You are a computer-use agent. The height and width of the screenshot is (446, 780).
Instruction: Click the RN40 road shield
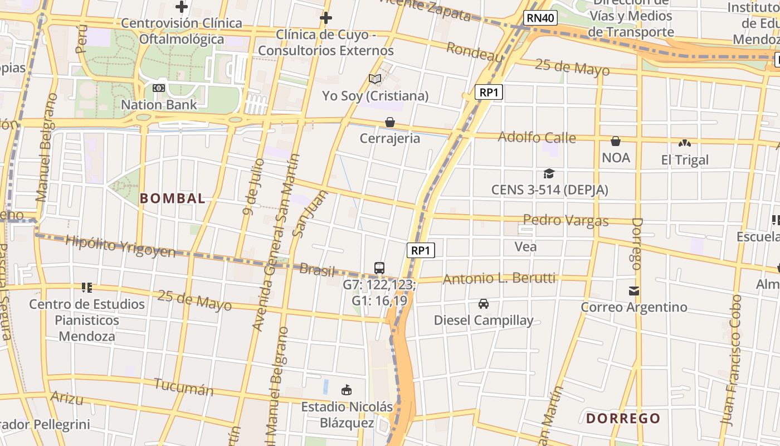pos(540,18)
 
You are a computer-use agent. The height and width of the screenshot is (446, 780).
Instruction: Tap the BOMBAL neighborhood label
pos(172,198)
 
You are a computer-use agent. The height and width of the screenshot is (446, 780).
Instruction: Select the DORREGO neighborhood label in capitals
pos(623,418)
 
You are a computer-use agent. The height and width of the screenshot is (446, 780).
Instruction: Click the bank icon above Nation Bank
pos(159,88)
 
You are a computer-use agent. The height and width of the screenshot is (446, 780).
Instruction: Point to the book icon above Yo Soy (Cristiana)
pos(375,79)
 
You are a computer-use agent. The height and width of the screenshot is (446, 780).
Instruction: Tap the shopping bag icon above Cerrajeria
pos(390,122)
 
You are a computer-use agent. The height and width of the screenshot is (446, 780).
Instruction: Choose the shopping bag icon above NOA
pos(616,142)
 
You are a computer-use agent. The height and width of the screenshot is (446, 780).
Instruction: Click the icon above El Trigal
pos(685,144)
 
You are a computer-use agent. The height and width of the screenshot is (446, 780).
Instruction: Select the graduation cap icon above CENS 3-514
pos(549,174)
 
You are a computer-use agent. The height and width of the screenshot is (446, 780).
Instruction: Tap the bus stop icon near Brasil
pos(379,268)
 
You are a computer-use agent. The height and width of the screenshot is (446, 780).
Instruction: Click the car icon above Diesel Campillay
pos(484,304)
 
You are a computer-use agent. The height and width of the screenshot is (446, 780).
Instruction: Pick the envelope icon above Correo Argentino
pos(634,291)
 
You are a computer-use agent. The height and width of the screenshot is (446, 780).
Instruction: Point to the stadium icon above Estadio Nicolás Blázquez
pos(347,390)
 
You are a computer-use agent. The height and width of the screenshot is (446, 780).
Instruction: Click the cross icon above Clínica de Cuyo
pos(326,18)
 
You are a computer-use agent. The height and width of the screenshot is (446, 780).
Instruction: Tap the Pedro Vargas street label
pos(565,220)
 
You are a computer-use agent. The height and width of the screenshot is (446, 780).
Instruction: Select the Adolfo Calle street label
pos(537,137)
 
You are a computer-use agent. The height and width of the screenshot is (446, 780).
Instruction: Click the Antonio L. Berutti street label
pos(499,278)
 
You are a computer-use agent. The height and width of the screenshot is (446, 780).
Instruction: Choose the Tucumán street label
pos(183,387)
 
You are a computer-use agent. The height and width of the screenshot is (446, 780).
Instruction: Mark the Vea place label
pos(525,246)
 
